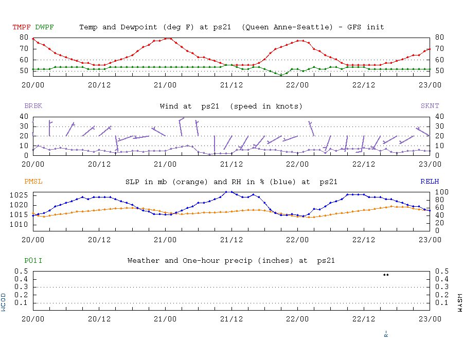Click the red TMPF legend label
[x=22, y=27]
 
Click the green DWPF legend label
[x=44, y=27]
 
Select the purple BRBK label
[x=33, y=106]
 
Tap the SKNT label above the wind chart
[x=430, y=106]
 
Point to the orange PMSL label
[x=33, y=182]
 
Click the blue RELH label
[x=430, y=182]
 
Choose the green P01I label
[x=33, y=261]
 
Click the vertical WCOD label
[x=4, y=302]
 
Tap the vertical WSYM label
[x=459, y=302]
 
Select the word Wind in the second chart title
[x=169, y=106]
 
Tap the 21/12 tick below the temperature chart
[x=232, y=84]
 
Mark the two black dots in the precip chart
[x=386, y=275]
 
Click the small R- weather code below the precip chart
[x=386, y=333]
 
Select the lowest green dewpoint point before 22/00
[x=281, y=75]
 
